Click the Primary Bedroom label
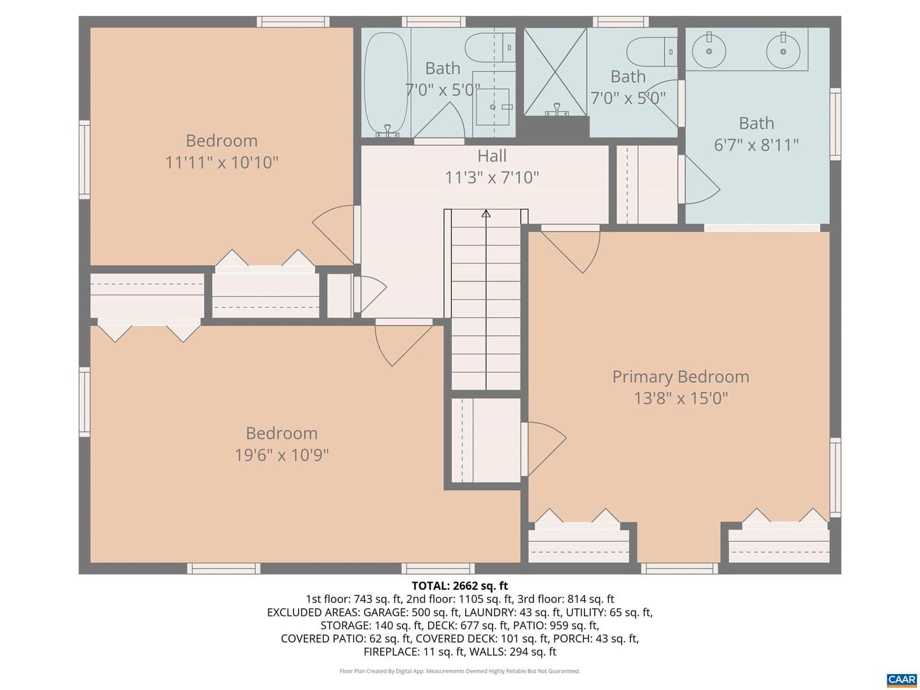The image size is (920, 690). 680,377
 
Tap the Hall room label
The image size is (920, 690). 492,156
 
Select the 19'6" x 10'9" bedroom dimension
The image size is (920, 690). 282,455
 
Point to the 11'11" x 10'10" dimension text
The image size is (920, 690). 221,162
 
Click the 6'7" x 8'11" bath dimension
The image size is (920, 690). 756,145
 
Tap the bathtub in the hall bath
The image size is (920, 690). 386,84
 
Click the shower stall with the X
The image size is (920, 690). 555,72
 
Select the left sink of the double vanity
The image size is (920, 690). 709,51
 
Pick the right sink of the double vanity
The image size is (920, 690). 783,51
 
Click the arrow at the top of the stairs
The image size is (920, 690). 486,213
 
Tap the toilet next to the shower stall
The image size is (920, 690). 651,52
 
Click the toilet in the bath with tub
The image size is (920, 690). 490,47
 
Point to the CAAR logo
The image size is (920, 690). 901,678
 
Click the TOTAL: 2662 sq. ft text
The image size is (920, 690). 460,586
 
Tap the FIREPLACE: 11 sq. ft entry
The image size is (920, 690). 415,652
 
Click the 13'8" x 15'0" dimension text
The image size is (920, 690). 680,398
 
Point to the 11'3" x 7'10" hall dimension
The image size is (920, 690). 492,177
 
